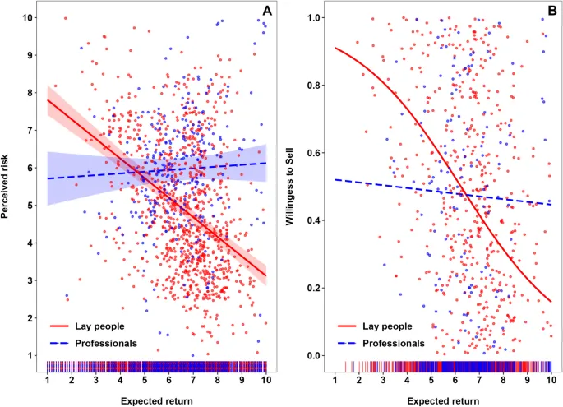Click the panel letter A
[x=267, y=11]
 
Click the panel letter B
[x=551, y=11]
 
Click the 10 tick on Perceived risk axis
[x=29, y=17]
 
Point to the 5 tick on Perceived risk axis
[x=30, y=206]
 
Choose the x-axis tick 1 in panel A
[x=48, y=381]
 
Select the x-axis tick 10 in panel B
[x=551, y=381]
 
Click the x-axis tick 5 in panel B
[x=431, y=381]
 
